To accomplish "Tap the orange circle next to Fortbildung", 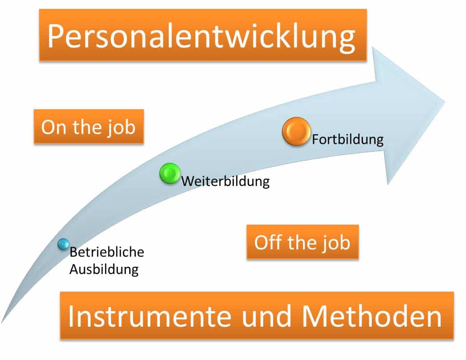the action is (x=296, y=131).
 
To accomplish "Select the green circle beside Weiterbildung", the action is (x=170, y=174).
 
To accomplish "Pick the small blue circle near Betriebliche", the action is (x=63, y=244).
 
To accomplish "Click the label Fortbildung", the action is (x=348, y=139).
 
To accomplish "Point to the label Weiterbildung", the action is (x=226, y=181).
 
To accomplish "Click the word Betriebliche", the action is (x=107, y=252).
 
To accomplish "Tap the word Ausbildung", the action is (x=104, y=270).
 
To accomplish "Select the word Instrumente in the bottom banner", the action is (x=150, y=316).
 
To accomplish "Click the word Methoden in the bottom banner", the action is (x=372, y=316).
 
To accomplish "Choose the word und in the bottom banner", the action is (x=266, y=316).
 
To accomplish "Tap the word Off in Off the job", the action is (x=268, y=242).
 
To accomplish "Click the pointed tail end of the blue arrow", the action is (x=2, y=323).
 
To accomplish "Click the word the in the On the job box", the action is (x=87, y=127).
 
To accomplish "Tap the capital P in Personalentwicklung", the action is (x=56, y=36).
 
